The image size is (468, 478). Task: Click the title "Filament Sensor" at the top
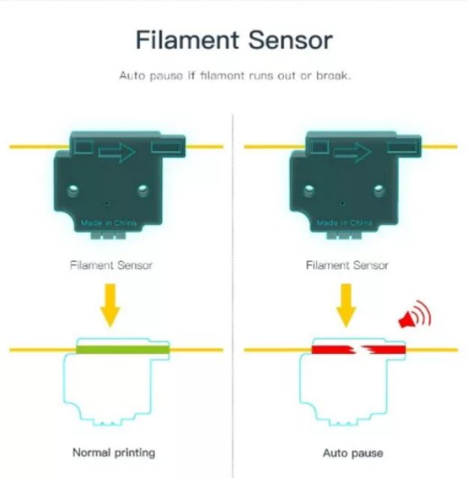[234, 40]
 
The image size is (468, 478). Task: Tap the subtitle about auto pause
[235, 75]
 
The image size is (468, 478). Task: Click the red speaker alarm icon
[415, 315]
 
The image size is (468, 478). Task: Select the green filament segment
[123, 350]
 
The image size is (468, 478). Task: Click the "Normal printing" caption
[114, 453]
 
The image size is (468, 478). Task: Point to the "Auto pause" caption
[353, 453]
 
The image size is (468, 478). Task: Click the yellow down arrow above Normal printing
[110, 305]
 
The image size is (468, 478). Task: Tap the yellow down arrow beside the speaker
[346, 305]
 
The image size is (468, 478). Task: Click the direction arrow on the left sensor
[117, 152]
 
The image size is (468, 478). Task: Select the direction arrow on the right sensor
[353, 152]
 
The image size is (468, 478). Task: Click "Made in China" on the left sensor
[108, 223]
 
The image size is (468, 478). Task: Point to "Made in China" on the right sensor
[345, 223]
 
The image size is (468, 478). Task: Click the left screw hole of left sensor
[73, 190]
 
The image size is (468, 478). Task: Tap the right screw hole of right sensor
[379, 190]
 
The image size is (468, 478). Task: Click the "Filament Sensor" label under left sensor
[111, 265]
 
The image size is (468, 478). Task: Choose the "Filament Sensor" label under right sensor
[347, 265]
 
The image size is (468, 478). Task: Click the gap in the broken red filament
[358, 350]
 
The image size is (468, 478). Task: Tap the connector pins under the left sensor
[108, 235]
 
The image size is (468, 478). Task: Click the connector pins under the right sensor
[344, 235]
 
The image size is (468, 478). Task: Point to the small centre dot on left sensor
[107, 203]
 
